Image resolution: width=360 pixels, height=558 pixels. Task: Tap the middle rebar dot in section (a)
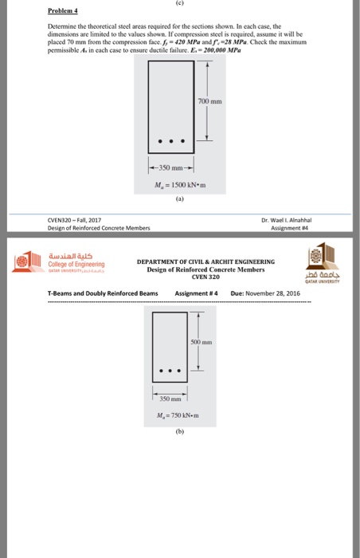click(x=177, y=143)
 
